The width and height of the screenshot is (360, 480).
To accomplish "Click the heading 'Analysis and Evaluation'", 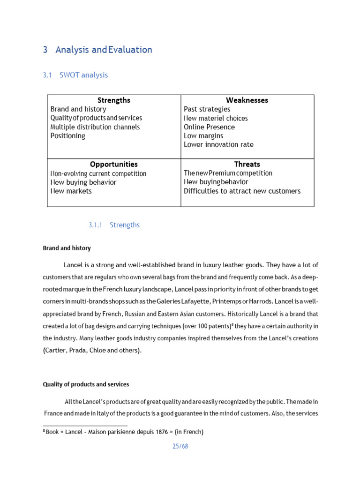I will [x=104, y=50].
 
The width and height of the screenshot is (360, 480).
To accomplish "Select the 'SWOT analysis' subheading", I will [x=83, y=75].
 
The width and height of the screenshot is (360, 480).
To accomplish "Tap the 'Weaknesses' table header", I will [x=247, y=100].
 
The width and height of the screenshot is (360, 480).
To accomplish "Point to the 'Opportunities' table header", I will [x=114, y=165].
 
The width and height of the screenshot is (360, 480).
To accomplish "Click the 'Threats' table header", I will [x=247, y=164].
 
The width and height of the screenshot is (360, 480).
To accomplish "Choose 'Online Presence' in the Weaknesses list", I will [x=209, y=127].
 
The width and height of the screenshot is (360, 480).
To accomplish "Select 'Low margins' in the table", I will [x=203, y=136].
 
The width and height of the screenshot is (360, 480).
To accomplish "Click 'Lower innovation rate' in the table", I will [x=218, y=145].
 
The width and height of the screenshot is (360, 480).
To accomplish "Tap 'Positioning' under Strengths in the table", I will [x=68, y=136].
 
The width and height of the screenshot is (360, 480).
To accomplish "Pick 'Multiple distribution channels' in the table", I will [x=95, y=127].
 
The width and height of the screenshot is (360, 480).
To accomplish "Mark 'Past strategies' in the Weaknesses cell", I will [x=207, y=109].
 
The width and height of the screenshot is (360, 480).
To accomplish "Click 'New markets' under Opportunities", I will [x=71, y=191].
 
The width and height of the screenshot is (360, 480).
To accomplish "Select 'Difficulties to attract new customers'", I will [x=242, y=191].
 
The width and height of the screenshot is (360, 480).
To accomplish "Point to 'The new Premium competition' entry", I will [x=228, y=173].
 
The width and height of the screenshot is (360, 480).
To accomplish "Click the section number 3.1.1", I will [x=95, y=225].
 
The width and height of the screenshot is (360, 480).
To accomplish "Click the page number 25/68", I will [x=180, y=446].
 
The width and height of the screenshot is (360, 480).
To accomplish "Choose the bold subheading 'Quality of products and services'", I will [x=86, y=384].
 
